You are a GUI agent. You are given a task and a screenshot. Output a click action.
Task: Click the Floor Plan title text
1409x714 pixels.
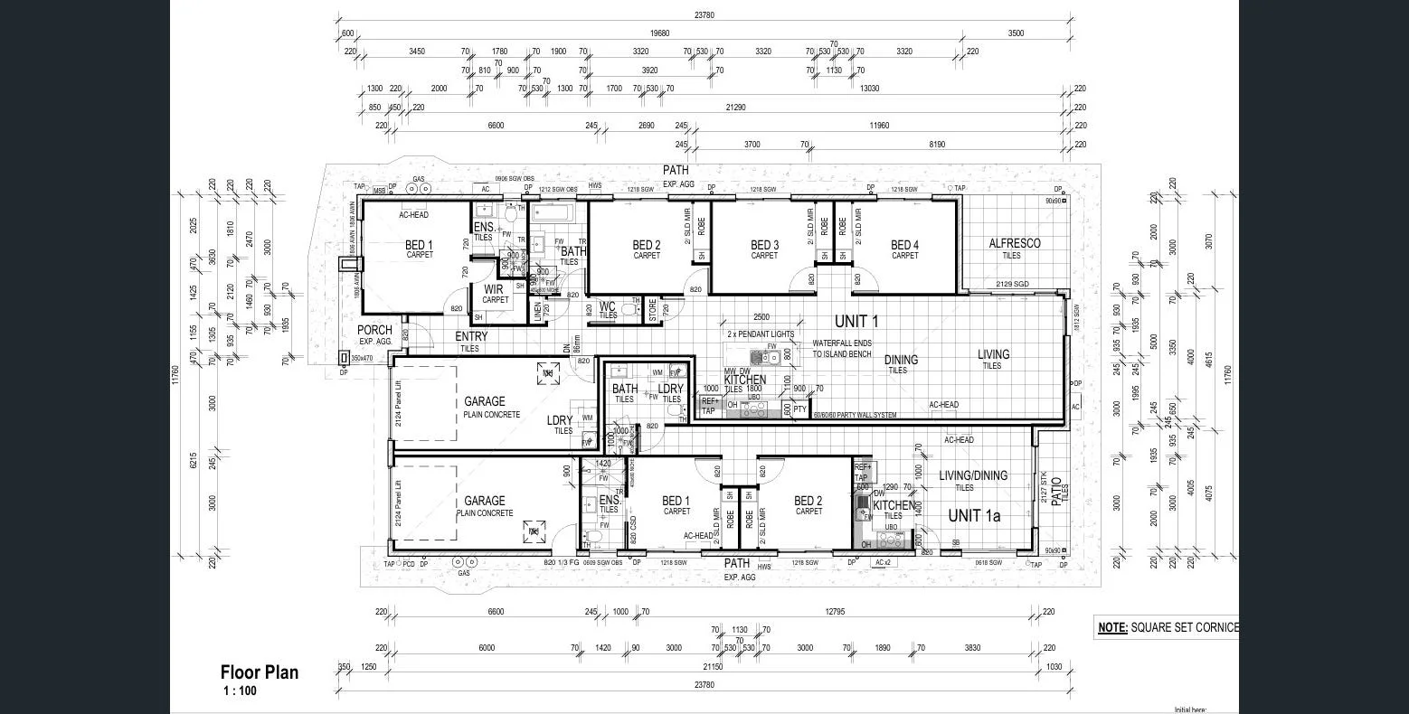259,672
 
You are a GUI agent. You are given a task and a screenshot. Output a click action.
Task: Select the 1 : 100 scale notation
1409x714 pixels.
241,691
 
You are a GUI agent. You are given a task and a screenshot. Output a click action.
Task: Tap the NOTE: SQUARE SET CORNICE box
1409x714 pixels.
1167,627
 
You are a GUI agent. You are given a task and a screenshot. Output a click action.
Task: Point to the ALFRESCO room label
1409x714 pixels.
1014,244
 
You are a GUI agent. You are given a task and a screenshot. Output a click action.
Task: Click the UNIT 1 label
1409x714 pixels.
856,321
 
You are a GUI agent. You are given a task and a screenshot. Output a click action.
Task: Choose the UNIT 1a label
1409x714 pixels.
976,515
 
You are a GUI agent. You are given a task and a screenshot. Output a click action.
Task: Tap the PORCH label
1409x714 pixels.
374,331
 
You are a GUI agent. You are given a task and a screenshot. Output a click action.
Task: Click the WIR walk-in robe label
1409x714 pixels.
493,290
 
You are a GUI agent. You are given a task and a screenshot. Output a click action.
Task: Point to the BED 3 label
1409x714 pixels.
764,245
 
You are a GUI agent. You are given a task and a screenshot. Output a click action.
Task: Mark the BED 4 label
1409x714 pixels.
904,245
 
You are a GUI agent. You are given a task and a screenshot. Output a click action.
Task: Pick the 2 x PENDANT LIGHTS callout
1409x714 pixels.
761,334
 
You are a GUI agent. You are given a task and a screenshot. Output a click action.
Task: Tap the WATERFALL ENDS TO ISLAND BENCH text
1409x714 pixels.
841,349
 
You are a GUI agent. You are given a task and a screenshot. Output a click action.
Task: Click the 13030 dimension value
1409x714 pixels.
869,89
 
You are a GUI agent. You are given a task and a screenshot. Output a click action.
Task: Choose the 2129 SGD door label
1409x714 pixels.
1012,285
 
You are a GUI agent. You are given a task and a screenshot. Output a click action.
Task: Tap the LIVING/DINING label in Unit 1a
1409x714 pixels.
972,475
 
